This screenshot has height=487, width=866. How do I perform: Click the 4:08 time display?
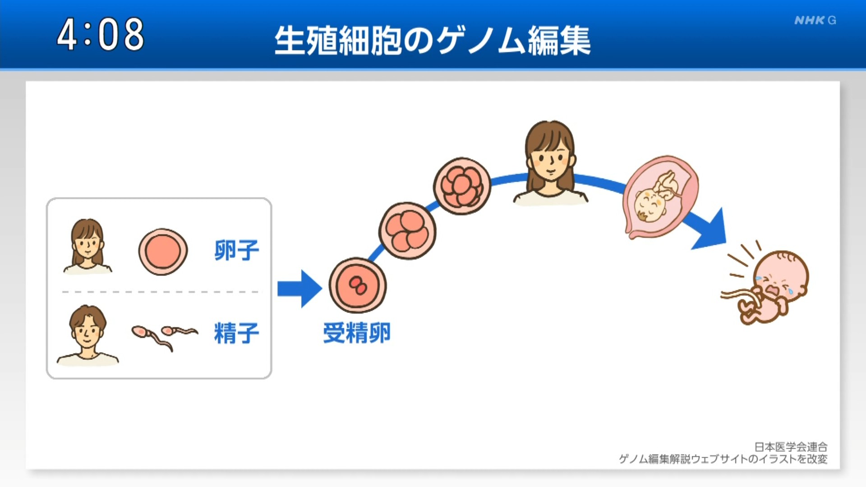(100, 34)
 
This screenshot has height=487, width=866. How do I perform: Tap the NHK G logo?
(815, 20)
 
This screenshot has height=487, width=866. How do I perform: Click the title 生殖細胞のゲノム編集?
(433, 41)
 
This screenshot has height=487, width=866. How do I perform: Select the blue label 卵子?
(237, 250)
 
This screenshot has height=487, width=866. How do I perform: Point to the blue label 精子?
(237, 333)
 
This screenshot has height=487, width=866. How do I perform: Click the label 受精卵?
(357, 333)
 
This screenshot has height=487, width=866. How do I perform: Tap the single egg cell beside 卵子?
(163, 252)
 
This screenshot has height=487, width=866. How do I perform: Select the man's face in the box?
(88, 329)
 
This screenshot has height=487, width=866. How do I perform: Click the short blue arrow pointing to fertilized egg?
(299, 289)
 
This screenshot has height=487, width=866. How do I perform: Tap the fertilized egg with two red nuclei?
(358, 285)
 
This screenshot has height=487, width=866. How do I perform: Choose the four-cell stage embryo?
(407, 231)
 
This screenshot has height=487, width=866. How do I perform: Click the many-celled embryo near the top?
(462, 186)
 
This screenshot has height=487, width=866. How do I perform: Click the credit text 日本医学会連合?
(791, 447)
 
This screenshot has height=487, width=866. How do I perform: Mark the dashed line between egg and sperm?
(161, 292)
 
